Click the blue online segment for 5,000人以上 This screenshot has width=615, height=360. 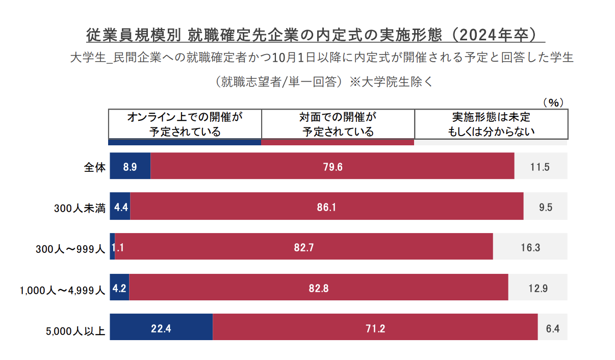(161, 326)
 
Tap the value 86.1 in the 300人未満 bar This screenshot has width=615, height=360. (326, 207)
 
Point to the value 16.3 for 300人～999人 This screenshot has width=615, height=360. (530, 248)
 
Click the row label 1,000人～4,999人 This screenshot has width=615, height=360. (62, 290)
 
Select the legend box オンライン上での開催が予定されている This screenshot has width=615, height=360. (185, 124)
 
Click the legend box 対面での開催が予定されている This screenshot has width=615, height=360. (338, 124)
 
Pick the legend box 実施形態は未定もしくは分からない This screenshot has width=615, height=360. (491, 124)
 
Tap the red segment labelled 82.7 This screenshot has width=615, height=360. (304, 248)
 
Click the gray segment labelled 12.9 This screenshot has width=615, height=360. (537, 288)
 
